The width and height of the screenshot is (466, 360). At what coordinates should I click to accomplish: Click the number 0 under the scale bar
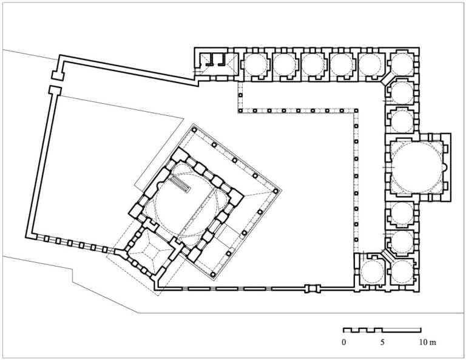tap(344, 342)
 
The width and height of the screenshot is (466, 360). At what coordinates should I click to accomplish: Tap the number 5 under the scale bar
tap(382, 342)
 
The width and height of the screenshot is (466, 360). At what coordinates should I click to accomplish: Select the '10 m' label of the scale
tap(428, 342)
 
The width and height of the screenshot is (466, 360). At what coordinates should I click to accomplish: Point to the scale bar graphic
tap(382, 330)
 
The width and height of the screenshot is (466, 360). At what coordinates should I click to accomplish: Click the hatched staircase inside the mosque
tap(180, 185)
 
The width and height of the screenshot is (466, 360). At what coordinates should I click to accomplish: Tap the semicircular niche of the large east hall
tap(444, 168)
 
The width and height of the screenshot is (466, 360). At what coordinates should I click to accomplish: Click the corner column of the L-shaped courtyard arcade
tap(356, 110)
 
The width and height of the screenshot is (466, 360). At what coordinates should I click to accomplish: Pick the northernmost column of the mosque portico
tap(194, 129)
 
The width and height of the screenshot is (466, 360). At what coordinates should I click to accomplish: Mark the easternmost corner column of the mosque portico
tap(276, 191)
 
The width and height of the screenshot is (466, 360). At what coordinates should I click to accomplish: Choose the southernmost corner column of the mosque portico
tap(213, 274)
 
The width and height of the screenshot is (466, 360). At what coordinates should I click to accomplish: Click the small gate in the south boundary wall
tap(313, 288)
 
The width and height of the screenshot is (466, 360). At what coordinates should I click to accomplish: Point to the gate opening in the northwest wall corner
tap(56, 83)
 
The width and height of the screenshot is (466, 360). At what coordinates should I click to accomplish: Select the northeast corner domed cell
tap(402, 64)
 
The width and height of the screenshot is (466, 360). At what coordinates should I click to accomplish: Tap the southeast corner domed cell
tap(402, 273)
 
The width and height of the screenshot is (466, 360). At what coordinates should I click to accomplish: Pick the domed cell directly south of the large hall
tap(402, 215)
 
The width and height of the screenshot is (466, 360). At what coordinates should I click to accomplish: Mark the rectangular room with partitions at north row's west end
tap(217, 64)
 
